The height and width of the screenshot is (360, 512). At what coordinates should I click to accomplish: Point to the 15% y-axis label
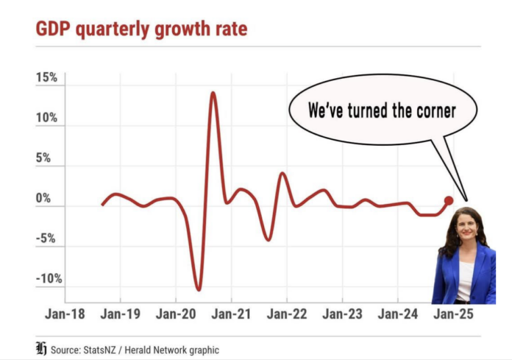coord(46,79)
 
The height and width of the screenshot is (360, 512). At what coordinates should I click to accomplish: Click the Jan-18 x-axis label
coord(65,314)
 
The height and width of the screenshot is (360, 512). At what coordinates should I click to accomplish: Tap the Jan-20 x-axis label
coord(175,314)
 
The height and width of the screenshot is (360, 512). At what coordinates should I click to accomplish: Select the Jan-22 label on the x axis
coord(286,314)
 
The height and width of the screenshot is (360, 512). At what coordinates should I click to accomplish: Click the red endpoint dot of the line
coord(449,200)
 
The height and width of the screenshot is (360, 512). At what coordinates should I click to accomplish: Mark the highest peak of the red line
coord(213,93)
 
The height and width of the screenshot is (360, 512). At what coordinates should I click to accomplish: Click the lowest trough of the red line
coord(198,289)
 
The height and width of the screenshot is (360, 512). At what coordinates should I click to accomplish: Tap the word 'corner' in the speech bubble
coord(433,112)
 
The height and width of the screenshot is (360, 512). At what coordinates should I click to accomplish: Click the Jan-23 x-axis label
coord(342,314)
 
